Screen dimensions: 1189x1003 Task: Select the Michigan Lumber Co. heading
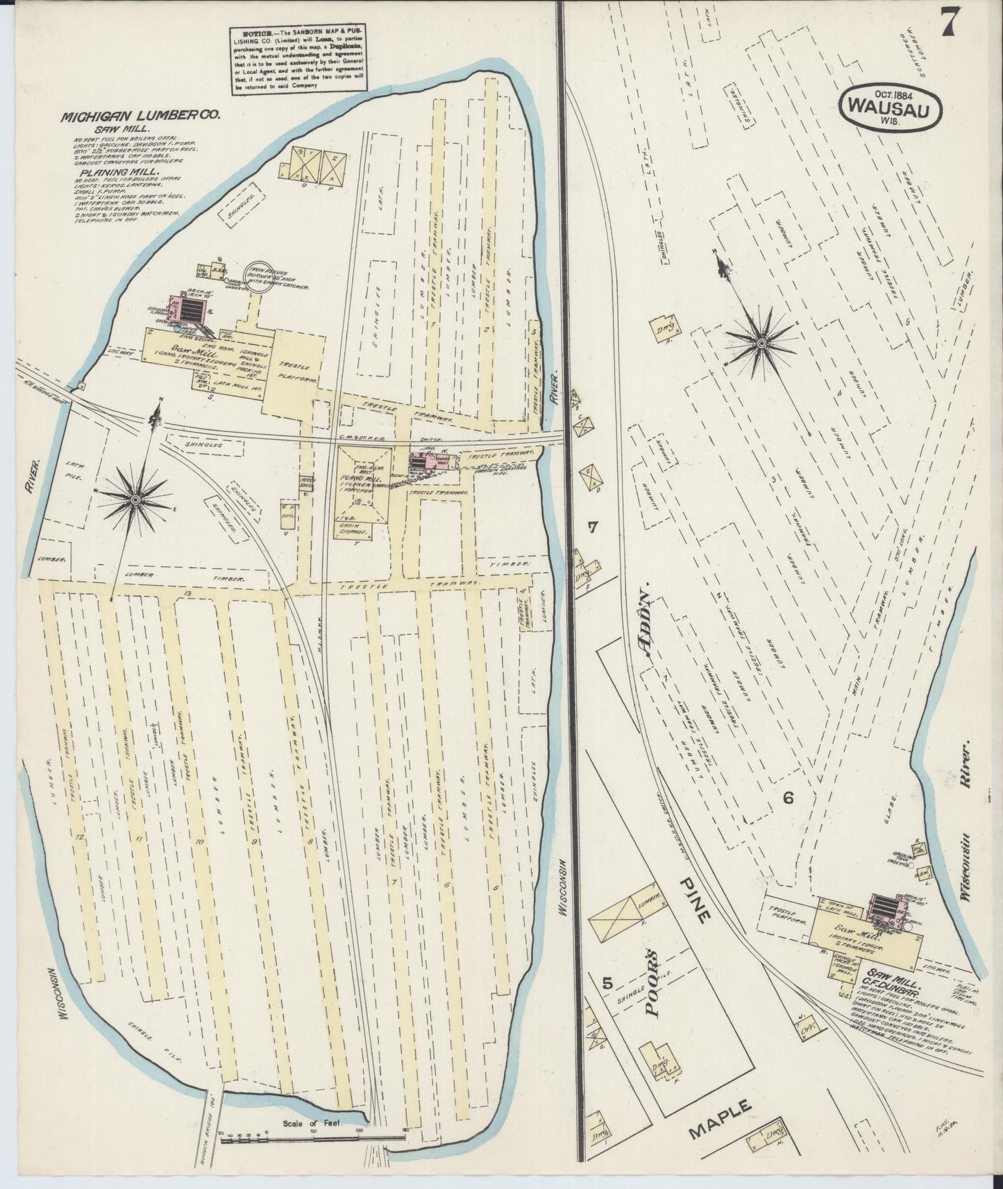tap(140, 117)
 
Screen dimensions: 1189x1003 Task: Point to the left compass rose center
tap(135, 499)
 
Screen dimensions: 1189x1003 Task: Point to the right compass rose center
tap(761, 343)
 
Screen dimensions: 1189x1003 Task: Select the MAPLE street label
tap(721, 1120)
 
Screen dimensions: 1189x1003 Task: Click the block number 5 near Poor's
tap(607, 984)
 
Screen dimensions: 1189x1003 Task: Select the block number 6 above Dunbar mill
tap(788, 797)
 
